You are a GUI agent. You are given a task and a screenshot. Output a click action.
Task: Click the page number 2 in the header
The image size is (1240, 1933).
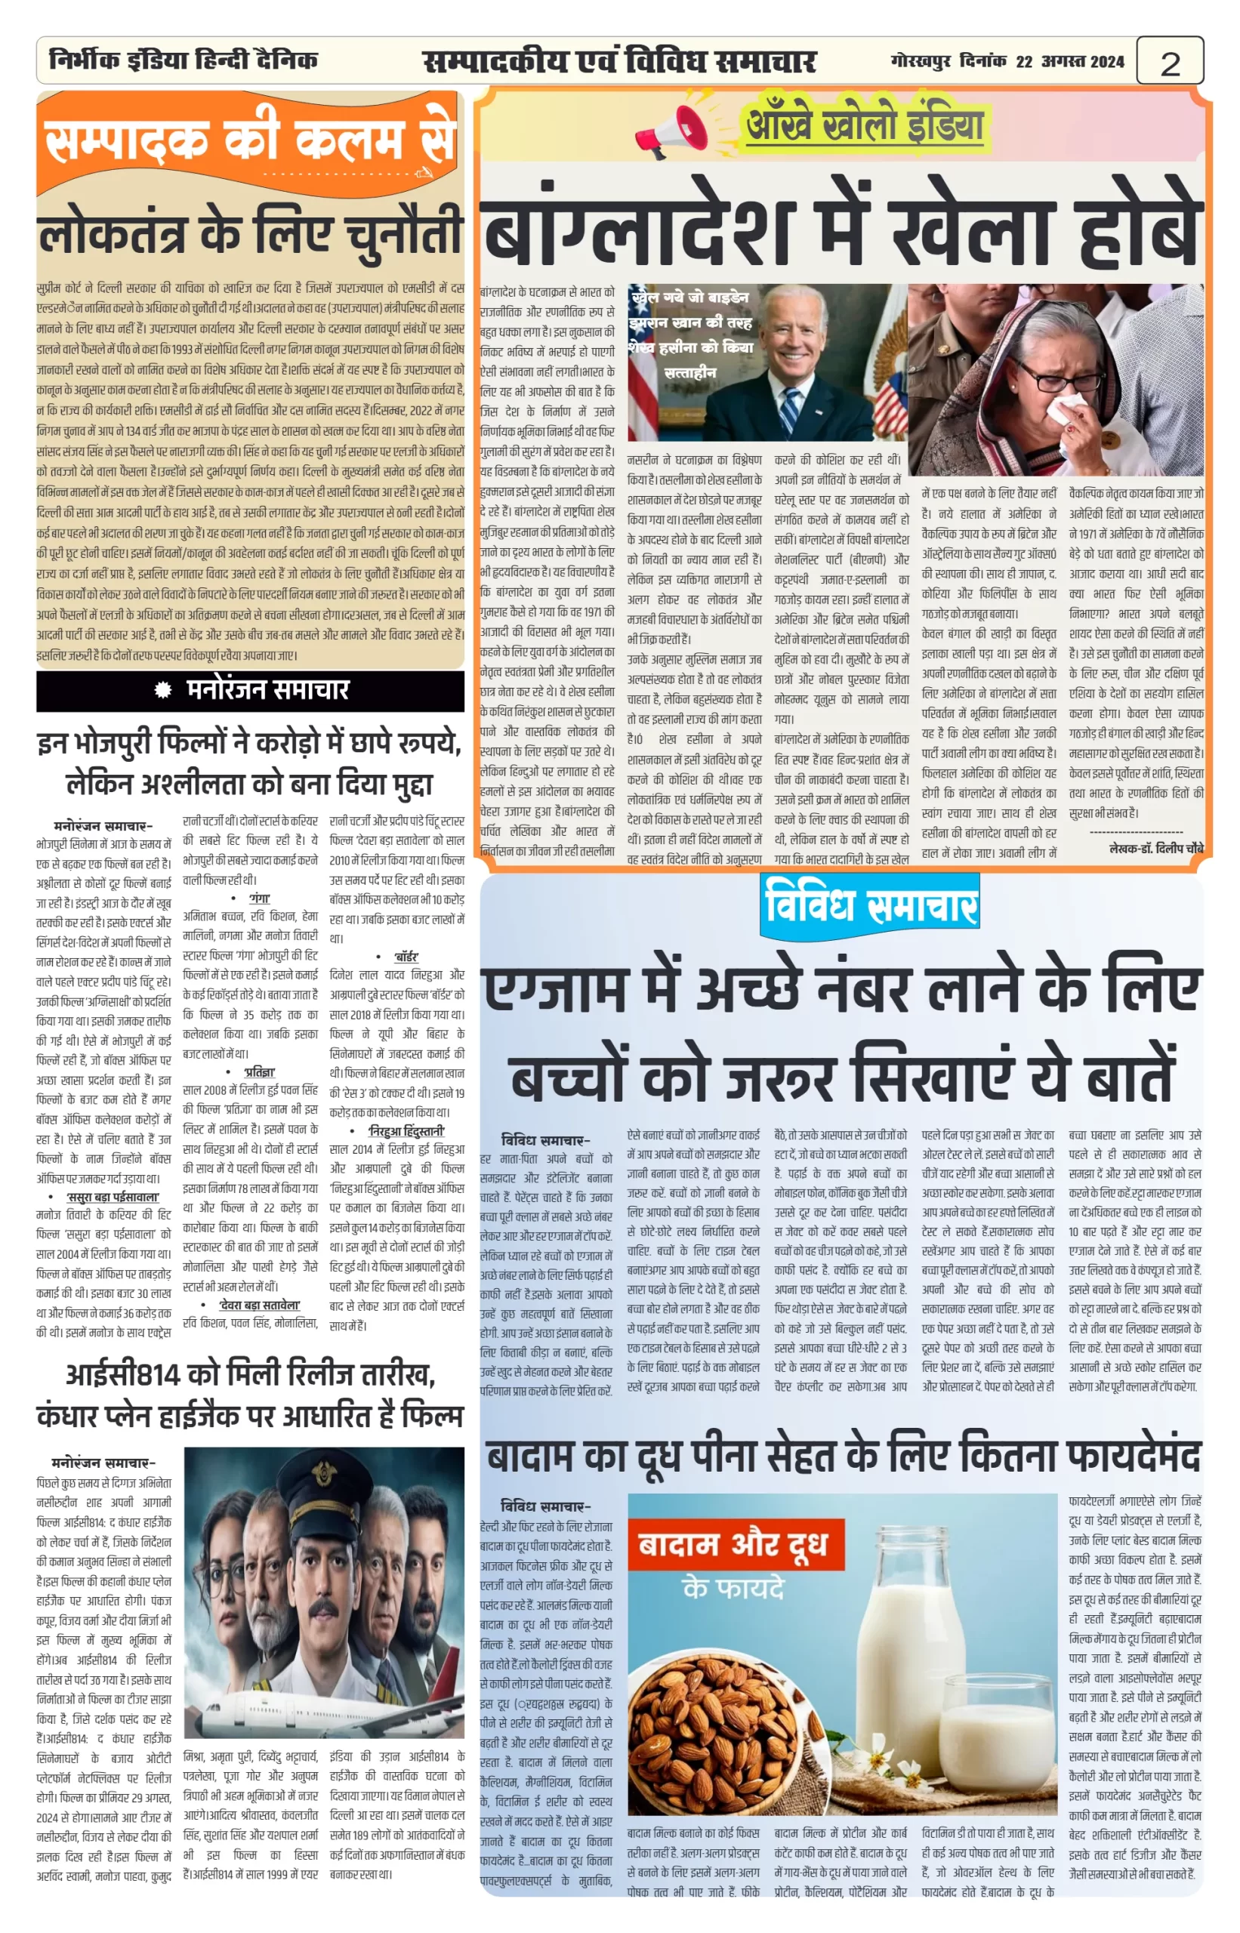pyautogui.click(x=1169, y=63)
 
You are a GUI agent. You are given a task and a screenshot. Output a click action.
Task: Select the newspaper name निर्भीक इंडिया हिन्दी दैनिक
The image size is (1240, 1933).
pyautogui.click(x=183, y=60)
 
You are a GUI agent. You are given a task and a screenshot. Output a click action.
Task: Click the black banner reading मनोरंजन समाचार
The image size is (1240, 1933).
pyautogui.click(x=251, y=690)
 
